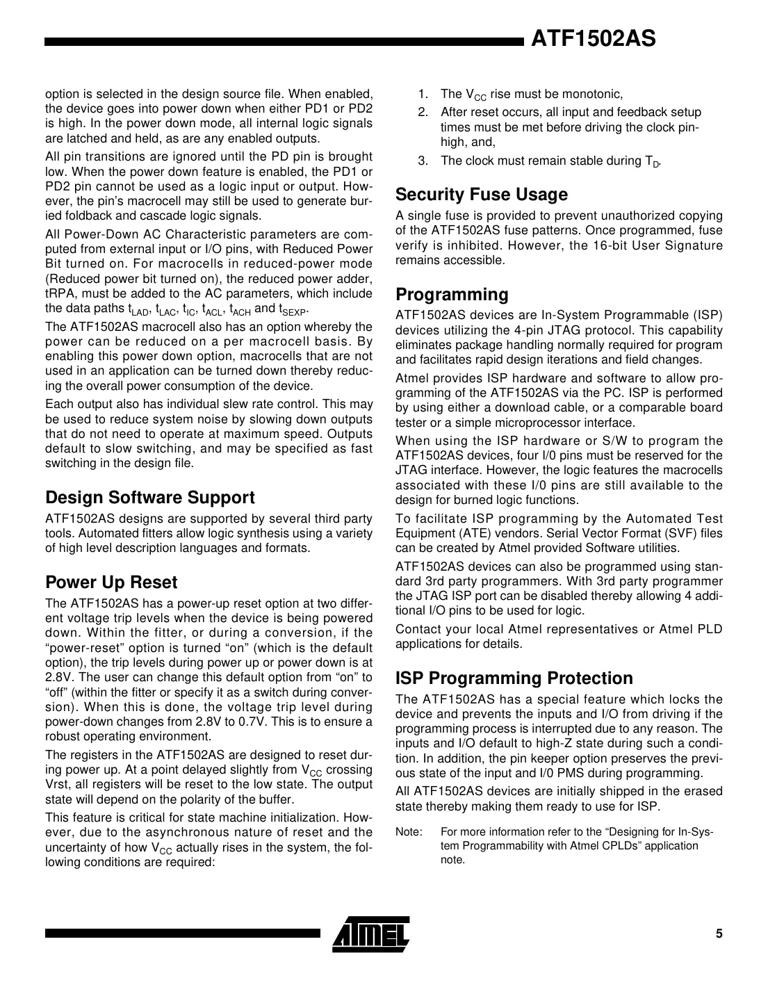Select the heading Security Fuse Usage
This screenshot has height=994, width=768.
(x=481, y=195)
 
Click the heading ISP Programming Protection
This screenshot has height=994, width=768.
(x=514, y=678)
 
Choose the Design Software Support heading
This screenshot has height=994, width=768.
(x=149, y=498)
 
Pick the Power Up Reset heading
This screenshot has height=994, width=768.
(x=111, y=582)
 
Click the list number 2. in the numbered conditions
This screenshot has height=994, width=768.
(x=423, y=113)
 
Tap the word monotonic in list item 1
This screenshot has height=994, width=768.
(x=591, y=94)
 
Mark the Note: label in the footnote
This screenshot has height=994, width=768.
(x=409, y=831)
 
